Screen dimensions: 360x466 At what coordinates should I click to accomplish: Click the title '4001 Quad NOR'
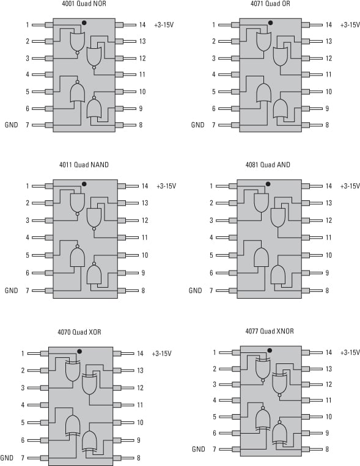point(84,4)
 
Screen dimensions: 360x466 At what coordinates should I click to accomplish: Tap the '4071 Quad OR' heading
point(270,4)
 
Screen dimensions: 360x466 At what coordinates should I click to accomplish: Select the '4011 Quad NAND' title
point(84,165)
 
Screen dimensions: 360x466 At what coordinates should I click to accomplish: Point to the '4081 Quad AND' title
point(268,165)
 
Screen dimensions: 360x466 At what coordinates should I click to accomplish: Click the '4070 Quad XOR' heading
point(79,332)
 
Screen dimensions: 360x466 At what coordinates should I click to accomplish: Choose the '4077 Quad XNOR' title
point(270,331)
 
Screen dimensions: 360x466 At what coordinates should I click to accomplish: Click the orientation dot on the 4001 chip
point(84,23)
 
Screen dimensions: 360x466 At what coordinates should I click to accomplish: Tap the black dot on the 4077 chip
point(270,351)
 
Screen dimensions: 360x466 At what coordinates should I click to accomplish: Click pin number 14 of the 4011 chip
point(145,186)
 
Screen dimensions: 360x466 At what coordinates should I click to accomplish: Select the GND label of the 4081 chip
point(195,290)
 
